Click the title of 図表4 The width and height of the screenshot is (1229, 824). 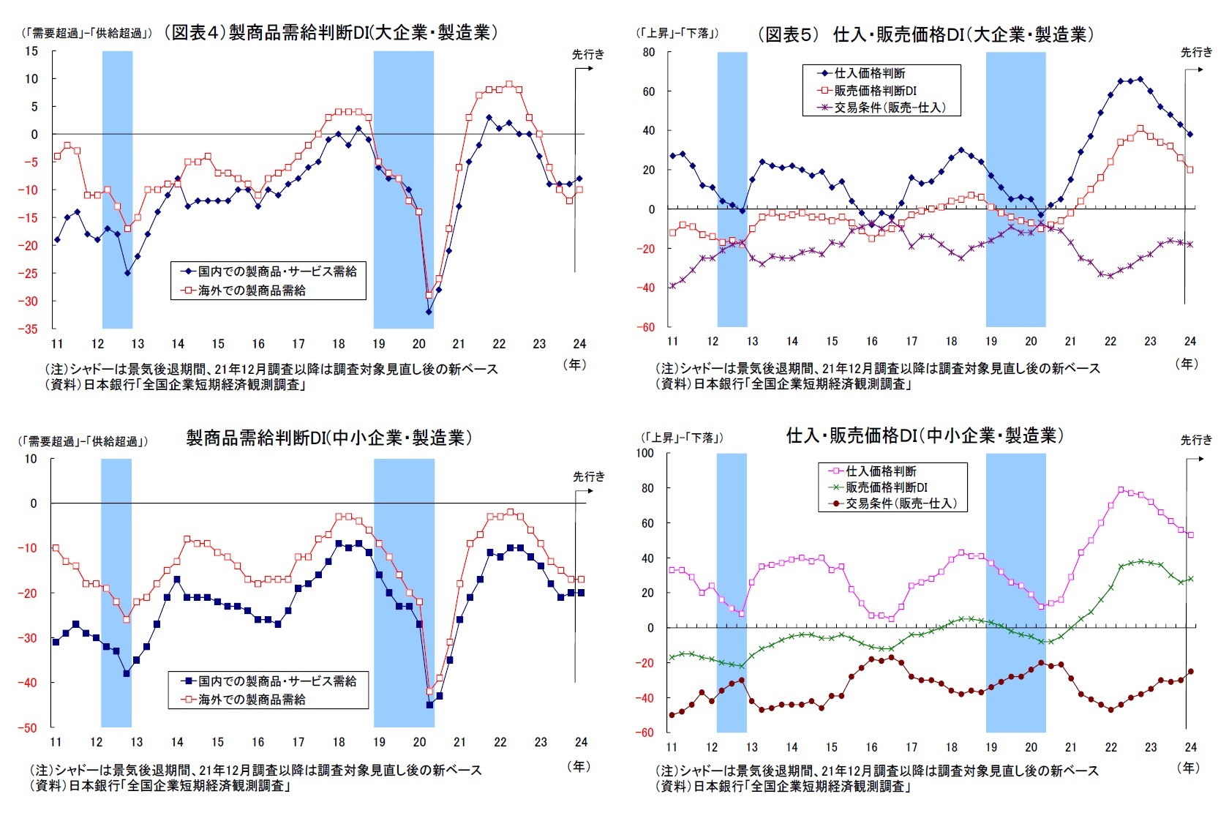pyautogui.click(x=330, y=33)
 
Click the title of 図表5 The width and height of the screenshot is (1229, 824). pyautogui.click(x=926, y=34)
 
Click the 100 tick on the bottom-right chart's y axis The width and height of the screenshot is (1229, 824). pyautogui.click(x=644, y=453)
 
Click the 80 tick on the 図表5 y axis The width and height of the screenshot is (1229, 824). pyautogui.click(x=648, y=53)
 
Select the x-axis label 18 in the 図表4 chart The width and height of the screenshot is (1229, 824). pyautogui.click(x=338, y=344)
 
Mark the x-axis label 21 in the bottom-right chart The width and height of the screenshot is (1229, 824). pyautogui.click(x=1071, y=747)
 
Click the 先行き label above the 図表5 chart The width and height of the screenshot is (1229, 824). pyautogui.click(x=1196, y=52)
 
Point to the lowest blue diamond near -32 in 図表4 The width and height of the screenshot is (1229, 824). pyautogui.click(x=429, y=312)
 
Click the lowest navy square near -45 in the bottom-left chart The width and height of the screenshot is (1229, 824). pyautogui.click(x=429, y=705)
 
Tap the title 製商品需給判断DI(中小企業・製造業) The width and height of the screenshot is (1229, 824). pyautogui.click(x=329, y=438)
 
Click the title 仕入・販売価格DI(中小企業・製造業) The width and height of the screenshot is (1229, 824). pyautogui.click(x=925, y=436)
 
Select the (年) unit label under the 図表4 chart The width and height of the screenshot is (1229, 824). pyautogui.click(x=576, y=364)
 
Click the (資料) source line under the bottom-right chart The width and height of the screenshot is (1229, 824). pyautogui.click(x=783, y=787)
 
